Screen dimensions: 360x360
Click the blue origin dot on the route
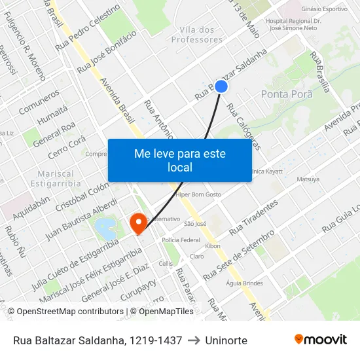pyautogui.click(x=221, y=86)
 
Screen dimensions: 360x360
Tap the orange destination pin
pyautogui.click(x=138, y=223)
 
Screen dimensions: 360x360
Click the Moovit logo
pyautogui.click(x=320, y=340)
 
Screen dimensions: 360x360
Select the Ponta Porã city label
pyautogui.click(x=287, y=94)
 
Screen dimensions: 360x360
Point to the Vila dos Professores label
pyautogui.click(x=196, y=35)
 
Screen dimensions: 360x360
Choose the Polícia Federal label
pyautogui.click(x=181, y=240)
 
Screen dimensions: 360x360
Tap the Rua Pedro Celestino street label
pyautogui.click(x=88, y=27)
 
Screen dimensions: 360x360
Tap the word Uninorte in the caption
pyautogui.click(x=226, y=340)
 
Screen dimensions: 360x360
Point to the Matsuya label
pyautogui.click(x=308, y=179)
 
